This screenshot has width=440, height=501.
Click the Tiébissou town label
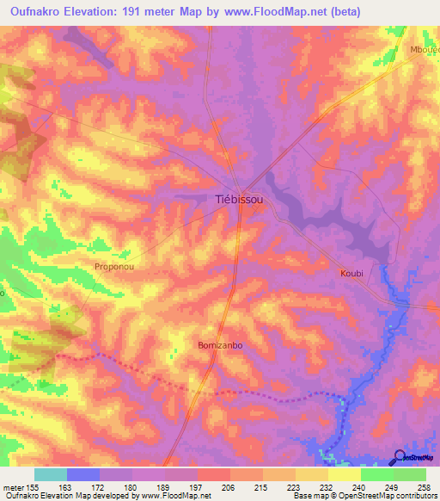pos(238,199)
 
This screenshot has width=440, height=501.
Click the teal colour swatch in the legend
pos(51,474)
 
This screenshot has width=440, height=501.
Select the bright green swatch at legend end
pos(410,474)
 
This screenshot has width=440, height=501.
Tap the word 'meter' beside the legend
pos(13,487)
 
